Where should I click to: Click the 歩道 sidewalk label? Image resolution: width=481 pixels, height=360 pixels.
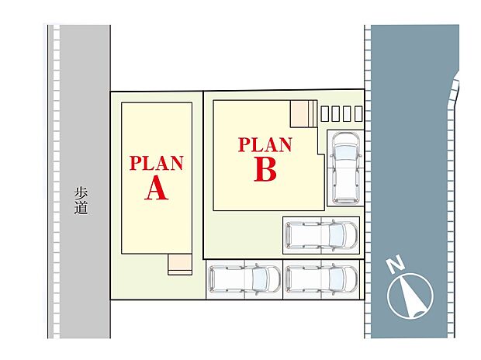tap(81, 201)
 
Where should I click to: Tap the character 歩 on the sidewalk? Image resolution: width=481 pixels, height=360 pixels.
tap(81, 194)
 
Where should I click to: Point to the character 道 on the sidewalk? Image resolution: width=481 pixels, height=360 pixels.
tap(81, 208)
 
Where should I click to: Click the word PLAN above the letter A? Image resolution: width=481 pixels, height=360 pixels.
tap(157, 163)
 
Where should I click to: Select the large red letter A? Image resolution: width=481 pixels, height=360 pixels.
tap(157, 189)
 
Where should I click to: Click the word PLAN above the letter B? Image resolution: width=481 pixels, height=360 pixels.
tap(265, 145)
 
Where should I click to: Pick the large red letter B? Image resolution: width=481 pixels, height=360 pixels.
tap(265, 171)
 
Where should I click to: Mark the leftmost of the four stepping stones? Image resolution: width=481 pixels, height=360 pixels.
tap(324, 113)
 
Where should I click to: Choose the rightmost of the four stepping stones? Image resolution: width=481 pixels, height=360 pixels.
tap(358, 113)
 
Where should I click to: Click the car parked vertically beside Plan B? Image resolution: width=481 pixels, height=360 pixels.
tap(346, 168)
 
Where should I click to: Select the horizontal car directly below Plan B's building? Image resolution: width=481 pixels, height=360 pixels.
tap(321, 235)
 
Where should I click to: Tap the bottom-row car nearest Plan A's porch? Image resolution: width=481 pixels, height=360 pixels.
tap(244, 279)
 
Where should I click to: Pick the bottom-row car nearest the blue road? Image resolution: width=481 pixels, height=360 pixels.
tap(321, 279)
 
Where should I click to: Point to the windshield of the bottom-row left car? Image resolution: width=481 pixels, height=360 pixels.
tap(260, 279)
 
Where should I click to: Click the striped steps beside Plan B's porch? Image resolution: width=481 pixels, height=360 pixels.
tap(313, 113)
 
